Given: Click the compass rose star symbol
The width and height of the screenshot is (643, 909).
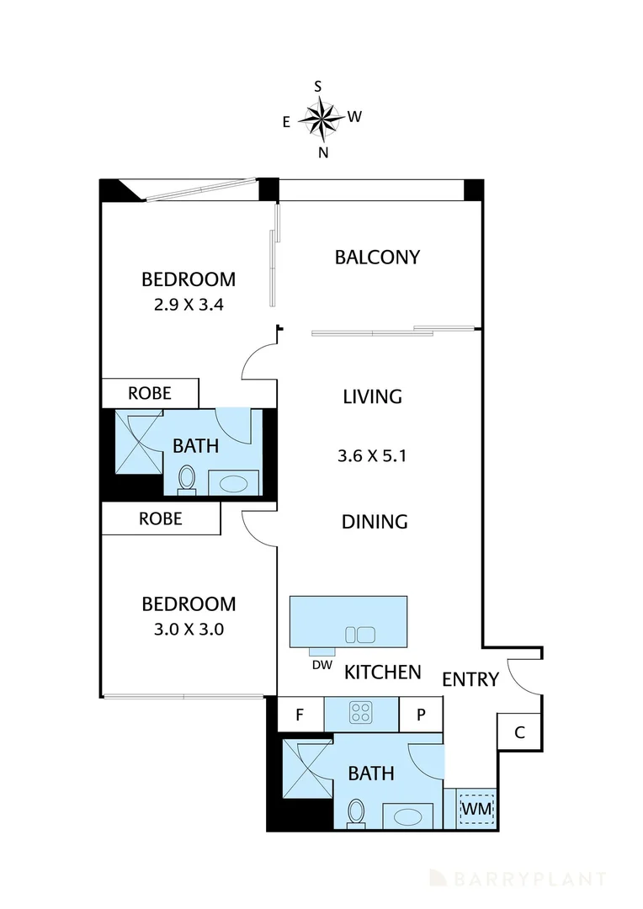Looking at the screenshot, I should click(321, 118).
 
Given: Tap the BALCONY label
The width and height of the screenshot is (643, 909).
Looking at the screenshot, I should click(377, 258).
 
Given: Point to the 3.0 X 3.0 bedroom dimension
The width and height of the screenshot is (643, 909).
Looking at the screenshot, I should click(188, 629).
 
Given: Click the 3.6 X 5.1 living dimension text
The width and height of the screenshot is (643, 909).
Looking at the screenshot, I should click(373, 457).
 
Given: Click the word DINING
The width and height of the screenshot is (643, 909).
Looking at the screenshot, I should click(375, 522).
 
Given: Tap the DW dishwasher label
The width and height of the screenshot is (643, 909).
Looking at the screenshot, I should click(320, 665).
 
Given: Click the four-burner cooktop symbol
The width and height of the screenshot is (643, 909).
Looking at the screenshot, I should click(361, 714).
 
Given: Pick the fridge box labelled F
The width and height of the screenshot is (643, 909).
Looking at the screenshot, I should click(298, 715).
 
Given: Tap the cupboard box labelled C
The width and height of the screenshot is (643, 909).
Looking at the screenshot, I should click(519, 731).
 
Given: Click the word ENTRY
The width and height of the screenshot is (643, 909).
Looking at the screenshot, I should click(470, 679).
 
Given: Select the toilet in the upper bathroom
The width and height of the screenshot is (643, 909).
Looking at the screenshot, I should click(187, 479).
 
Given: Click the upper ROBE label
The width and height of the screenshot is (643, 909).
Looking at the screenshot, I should click(150, 393).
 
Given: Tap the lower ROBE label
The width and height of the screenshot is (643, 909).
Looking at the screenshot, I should click(160, 519).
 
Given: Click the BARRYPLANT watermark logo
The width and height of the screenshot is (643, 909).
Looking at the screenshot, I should click(518, 880).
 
